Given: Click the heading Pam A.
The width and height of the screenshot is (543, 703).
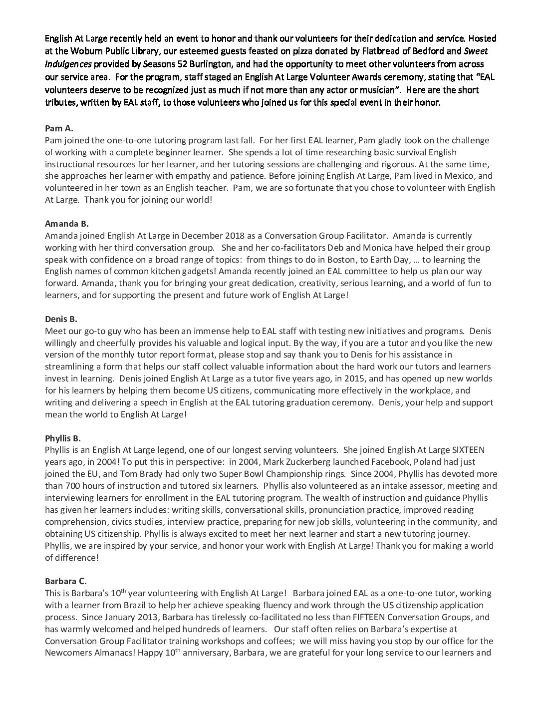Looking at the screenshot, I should [x=59, y=128].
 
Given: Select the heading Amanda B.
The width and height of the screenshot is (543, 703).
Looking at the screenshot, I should [x=66, y=224].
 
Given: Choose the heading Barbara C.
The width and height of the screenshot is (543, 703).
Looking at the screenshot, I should [x=65, y=581].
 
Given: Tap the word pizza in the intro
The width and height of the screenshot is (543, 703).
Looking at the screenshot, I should [x=270, y=51].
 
